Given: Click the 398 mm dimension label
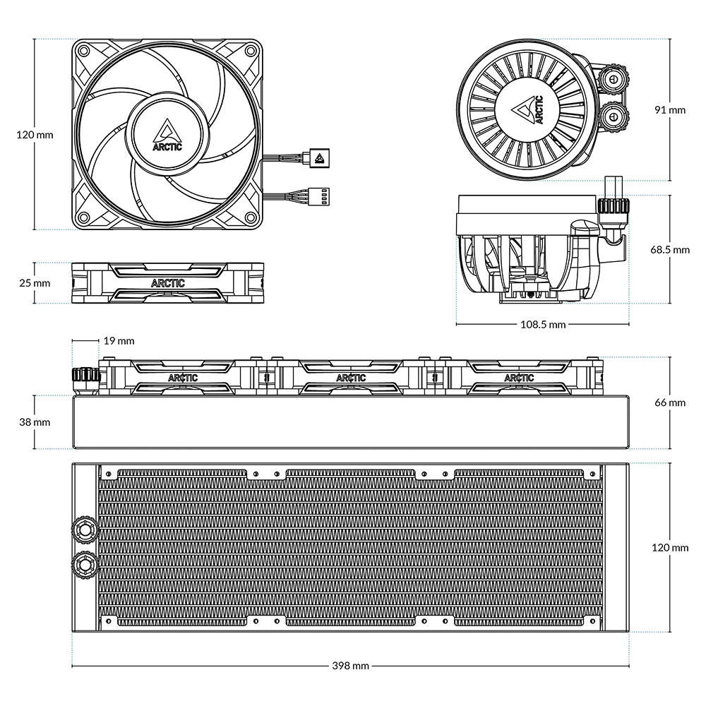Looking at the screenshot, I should (350, 666).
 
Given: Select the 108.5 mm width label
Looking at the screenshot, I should (542, 325).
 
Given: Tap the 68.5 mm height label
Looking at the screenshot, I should (671, 249).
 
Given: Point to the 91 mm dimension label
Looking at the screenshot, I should (671, 110).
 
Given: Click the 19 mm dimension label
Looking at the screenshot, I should (119, 341).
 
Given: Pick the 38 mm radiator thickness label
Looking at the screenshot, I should (34, 422).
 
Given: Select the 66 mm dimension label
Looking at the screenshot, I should (671, 402).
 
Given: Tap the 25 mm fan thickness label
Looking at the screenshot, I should (34, 282).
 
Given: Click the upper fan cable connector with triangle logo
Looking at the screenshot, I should (319, 157).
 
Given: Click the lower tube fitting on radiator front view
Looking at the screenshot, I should (84, 563).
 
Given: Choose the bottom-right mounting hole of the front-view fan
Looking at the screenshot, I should (251, 217).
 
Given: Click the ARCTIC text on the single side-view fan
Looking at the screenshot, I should (168, 283).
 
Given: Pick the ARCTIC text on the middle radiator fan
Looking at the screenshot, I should (351, 378).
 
